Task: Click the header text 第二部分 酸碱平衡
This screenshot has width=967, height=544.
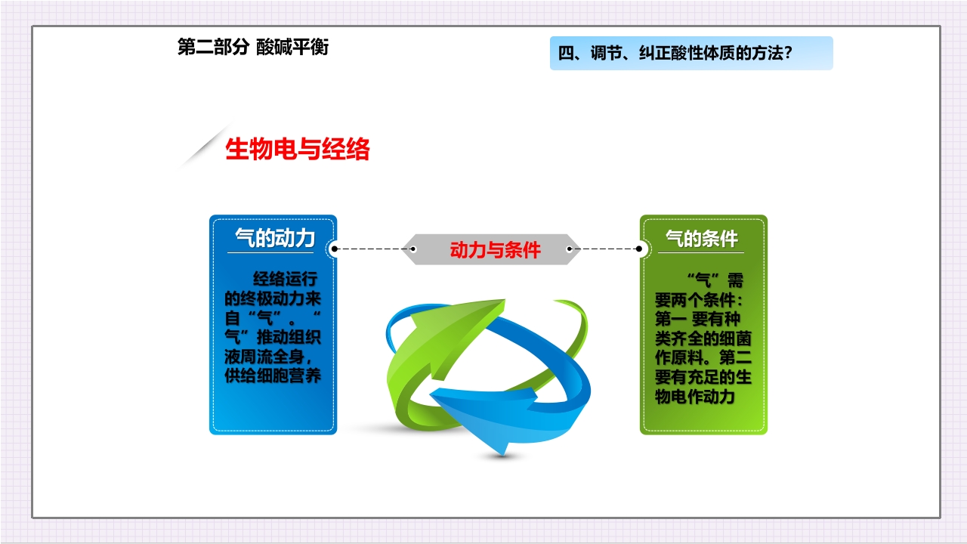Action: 252,48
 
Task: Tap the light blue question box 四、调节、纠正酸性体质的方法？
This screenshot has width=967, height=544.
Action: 690,53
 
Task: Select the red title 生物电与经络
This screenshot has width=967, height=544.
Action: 298,150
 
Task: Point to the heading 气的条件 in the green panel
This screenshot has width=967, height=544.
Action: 701,239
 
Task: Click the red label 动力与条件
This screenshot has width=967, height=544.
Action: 495,250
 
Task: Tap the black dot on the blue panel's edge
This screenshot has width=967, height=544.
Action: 335,248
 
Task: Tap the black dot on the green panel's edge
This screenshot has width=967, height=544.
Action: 639,248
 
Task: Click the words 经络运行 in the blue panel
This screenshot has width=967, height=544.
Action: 286,279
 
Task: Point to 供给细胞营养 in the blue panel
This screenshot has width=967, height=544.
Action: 273,376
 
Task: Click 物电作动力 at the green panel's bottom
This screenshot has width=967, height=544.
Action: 695,396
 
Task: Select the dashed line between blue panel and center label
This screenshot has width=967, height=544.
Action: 373,248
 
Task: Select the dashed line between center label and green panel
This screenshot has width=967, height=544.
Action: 608,248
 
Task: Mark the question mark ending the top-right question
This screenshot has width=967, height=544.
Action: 787,53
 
